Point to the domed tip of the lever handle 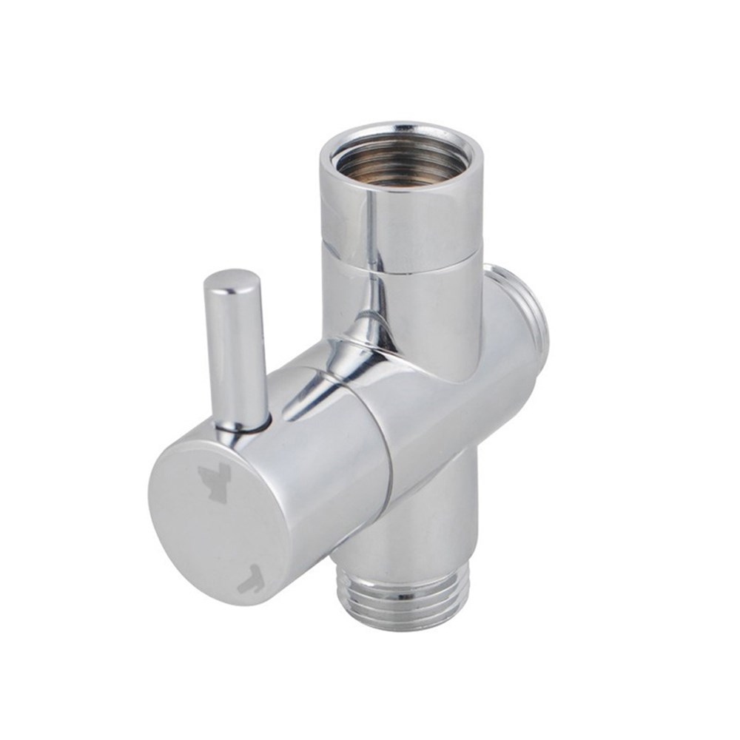click(232, 281)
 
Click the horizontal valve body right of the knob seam click(444, 414)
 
